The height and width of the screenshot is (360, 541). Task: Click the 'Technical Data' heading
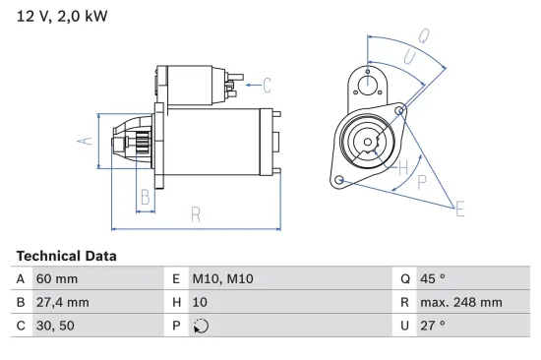(x=66, y=256)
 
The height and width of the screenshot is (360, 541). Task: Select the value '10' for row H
(x=200, y=302)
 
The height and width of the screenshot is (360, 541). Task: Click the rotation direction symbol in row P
(x=202, y=326)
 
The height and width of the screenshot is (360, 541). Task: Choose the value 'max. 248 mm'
(x=462, y=302)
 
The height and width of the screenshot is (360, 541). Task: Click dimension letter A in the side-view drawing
(x=85, y=141)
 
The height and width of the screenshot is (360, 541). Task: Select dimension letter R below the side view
(x=196, y=213)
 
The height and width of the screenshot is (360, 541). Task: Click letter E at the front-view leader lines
(x=458, y=208)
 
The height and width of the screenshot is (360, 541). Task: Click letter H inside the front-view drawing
(x=402, y=168)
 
